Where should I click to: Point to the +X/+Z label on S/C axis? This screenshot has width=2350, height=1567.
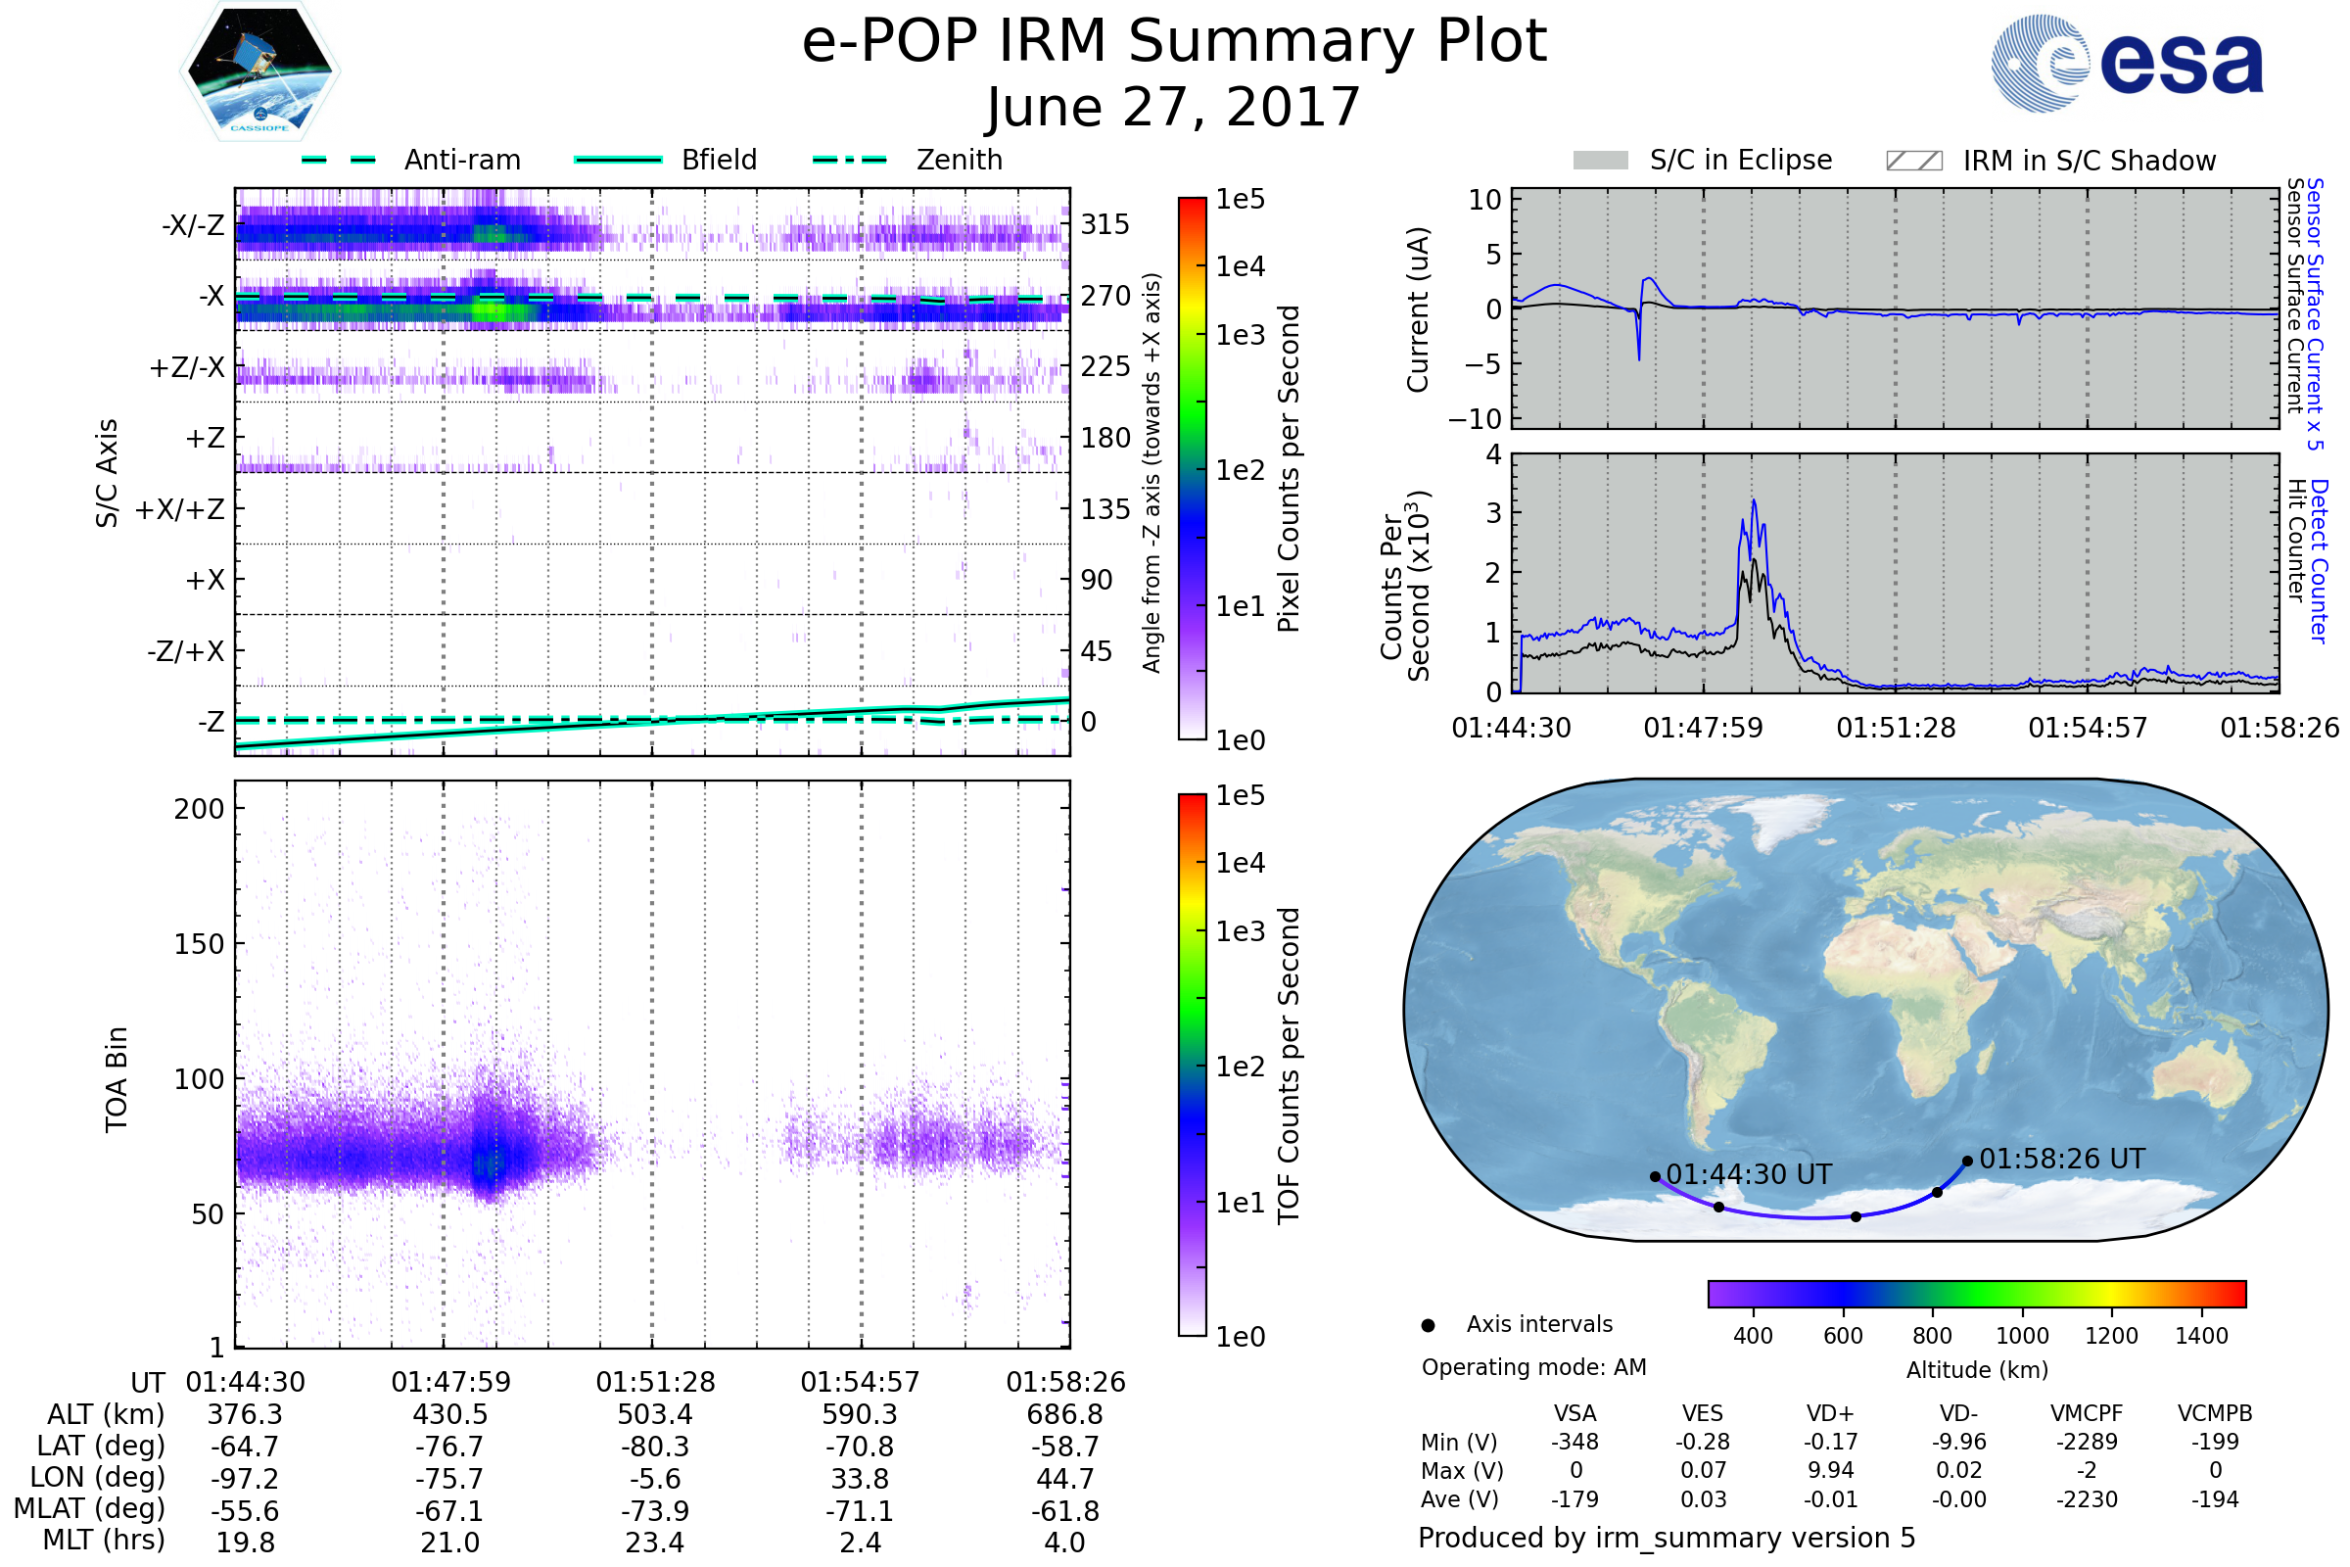[x=180, y=509]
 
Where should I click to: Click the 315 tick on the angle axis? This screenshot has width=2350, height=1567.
[x=1105, y=224]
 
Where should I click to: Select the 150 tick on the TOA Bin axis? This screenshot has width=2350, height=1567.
[x=199, y=943]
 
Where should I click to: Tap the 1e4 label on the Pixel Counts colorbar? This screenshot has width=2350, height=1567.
[x=1240, y=266]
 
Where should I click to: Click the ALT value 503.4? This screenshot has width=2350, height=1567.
[x=654, y=1414]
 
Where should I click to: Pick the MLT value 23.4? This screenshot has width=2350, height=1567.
[x=654, y=1542]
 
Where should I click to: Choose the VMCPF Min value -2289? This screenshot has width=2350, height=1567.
[x=2087, y=1442]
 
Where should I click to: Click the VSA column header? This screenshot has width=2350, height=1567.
[x=1574, y=1413]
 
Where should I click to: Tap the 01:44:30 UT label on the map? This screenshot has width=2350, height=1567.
[x=1749, y=1174]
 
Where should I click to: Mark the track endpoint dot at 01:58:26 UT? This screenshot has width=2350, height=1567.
[x=1967, y=1162]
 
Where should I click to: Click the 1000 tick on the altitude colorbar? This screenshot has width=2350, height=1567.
[x=2022, y=1336]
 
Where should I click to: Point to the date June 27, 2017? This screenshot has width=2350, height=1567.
[x=1173, y=107]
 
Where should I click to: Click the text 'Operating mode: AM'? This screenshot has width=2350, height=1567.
[x=1533, y=1367]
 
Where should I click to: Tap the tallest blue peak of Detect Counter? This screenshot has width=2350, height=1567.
[x=1754, y=501]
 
